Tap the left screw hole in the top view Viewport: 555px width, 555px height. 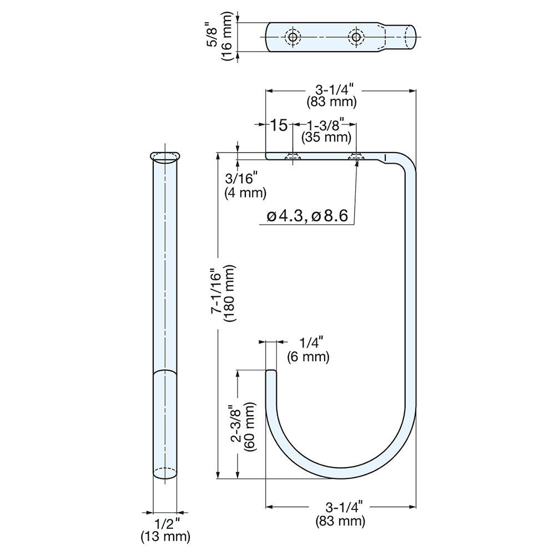[292, 38]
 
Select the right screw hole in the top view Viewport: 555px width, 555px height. [355, 38]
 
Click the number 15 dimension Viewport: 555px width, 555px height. [279, 125]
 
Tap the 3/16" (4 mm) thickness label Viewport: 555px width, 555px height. [245, 186]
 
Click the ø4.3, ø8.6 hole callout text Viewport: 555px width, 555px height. [307, 216]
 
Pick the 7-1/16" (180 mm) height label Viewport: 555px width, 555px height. [223, 294]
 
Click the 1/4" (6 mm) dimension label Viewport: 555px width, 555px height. [308, 350]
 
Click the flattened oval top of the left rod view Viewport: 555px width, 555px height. [165, 156]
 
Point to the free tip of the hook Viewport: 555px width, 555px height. [271, 373]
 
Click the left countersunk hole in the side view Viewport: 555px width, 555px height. [292, 158]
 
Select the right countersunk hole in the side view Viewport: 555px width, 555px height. [355, 158]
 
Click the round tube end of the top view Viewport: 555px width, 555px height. [409, 38]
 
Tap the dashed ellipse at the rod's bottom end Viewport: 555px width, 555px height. [165, 473]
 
